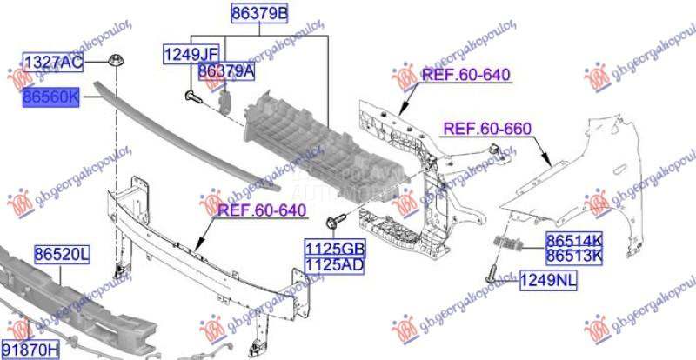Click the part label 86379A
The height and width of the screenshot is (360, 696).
pos(226,71)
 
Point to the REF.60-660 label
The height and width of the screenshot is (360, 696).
pos(487,130)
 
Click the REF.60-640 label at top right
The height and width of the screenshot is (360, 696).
pos(465,75)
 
